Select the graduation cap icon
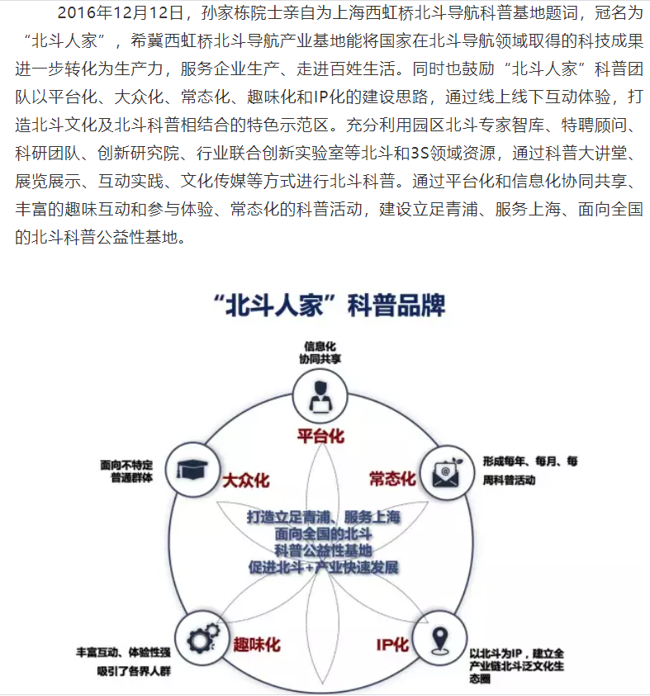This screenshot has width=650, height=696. pos(190,471)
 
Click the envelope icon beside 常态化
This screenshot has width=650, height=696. pos(446,472)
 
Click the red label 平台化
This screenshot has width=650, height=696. pos(320,435)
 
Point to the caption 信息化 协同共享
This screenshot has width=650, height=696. pos(320,353)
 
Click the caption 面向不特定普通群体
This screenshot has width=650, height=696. pos(126,471)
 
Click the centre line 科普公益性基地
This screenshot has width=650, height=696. pos(323,551)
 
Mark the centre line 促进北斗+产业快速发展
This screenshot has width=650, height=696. pos(323,568)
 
